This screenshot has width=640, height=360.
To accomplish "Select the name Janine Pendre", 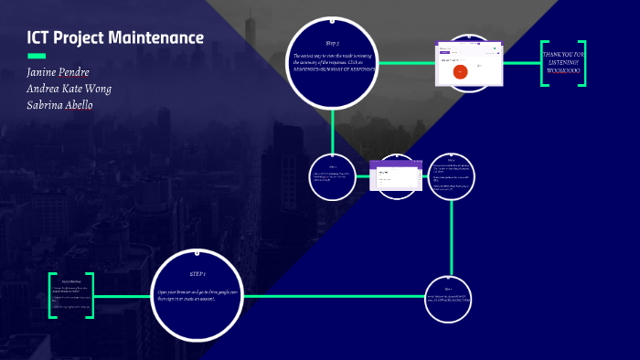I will pyautogui.click(x=59, y=72).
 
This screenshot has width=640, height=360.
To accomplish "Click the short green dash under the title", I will pyautogui.click(x=37, y=56).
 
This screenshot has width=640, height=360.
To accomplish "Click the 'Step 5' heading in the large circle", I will pyautogui.click(x=332, y=43).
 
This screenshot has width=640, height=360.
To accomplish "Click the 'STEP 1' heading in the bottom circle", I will pyautogui.click(x=198, y=274).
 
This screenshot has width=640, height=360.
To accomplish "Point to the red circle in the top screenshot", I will pyautogui.click(x=460, y=70).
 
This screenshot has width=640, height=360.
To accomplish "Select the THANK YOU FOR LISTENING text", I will pyautogui.click(x=563, y=63).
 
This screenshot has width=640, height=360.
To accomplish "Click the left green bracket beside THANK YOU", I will pyautogui.click(x=543, y=63).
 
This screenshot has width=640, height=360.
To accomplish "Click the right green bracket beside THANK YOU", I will pyautogui.click(x=582, y=63).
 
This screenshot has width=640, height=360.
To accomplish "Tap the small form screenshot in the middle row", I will pyautogui.click(x=393, y=175).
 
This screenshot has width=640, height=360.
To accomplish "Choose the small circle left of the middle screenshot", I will pyautogui.click(x=333, y=175).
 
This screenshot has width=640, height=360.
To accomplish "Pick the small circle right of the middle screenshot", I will pyautogui.click(x=452, y=175).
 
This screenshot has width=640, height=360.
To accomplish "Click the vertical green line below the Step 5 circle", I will pyautogui.click(x=333, y=129).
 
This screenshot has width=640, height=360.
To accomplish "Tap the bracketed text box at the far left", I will pyautogui.click(x=71, y=296).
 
